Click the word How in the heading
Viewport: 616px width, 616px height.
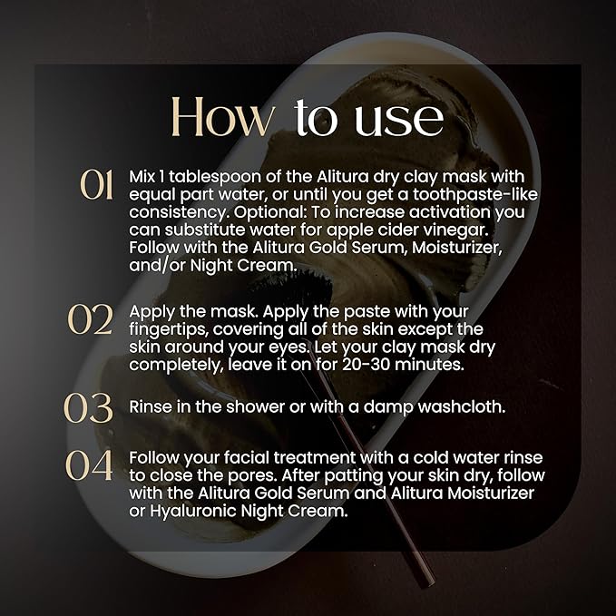223,117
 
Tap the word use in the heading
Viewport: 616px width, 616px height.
399,120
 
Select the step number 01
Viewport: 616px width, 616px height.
97,185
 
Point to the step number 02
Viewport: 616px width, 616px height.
91,319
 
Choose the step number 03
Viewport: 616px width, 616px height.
88,408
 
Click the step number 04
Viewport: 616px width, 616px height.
89,465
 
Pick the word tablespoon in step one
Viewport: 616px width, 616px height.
215,178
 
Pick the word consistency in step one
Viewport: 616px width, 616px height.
179,213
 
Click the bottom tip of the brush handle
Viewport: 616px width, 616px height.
431,584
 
